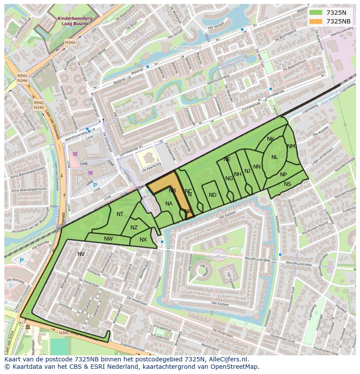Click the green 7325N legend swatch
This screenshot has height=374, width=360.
coord(316,13)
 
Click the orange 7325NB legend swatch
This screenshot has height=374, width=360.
coord(316,21)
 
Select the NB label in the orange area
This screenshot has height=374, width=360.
coord(172,191)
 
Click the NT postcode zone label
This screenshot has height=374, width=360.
coord(120,214)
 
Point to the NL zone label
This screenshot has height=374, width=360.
coord(274,157)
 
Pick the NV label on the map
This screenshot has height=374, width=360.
coord(81,254)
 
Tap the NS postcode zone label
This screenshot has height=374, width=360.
coord(287,184)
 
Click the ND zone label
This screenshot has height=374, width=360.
coord(212,195)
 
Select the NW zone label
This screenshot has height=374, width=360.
coord(108,238)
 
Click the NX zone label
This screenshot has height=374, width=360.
coord(143,240)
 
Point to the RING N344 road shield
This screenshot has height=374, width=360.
coord(23,78)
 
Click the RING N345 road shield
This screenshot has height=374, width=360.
coord(39,105)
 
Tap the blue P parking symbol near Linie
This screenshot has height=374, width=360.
coord(95,185)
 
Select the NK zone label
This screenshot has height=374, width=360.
coord(270,139)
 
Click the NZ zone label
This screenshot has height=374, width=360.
coord(134,228)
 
